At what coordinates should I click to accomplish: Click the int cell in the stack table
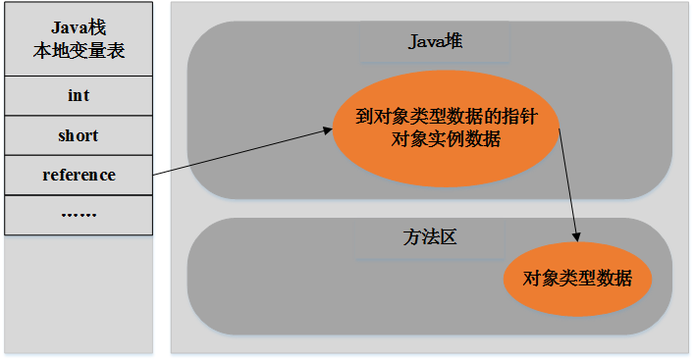(79, 95)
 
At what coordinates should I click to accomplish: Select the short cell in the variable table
(79, 135)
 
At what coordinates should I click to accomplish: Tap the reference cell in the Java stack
(79, 176)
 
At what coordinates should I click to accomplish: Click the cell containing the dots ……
(79, 215)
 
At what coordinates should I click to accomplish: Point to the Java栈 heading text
(79, 28)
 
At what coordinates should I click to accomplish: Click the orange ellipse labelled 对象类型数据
(577, 278)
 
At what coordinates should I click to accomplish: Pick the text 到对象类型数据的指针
(446, 117)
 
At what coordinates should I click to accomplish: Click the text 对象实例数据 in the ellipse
(446, 139)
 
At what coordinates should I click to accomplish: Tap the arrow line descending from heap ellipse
(569, 186)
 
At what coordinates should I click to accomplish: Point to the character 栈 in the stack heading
(96, 28)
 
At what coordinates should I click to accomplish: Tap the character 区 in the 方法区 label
(449, 237)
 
